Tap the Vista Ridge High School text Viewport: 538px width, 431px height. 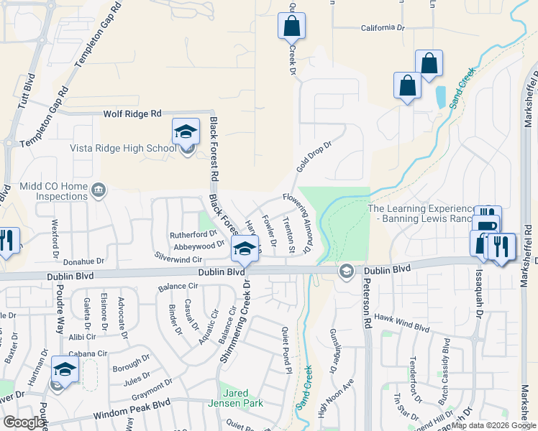point(122,149)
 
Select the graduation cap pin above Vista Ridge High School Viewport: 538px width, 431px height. point(186,131)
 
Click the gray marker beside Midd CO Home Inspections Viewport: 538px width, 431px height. point(99,190)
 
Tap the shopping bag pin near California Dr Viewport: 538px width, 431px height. point(291,26)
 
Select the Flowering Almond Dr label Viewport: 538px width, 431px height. point(296,223)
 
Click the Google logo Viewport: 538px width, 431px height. point(24,422)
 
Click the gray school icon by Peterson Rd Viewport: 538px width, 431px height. point(346,271)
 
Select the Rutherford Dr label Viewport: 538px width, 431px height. point(193,234)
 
